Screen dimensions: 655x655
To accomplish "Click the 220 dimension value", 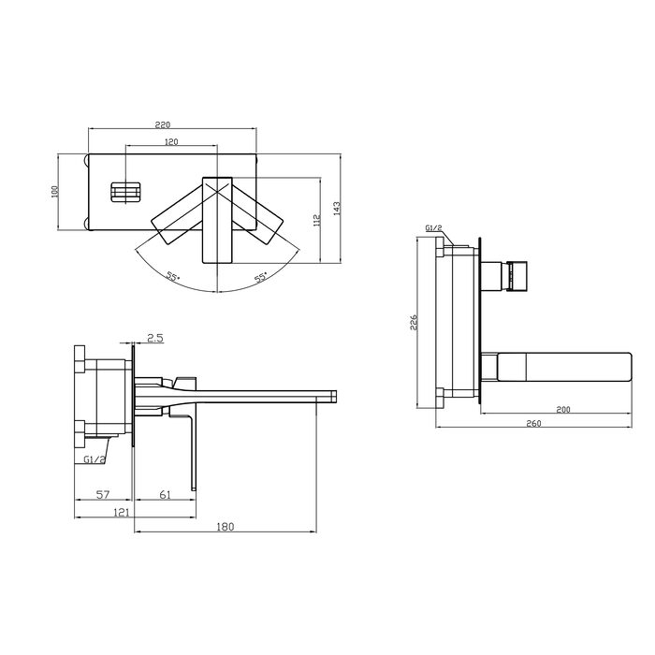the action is (163, 124).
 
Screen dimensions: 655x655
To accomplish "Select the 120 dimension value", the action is (171, 141).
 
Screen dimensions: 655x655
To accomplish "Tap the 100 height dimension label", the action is (54, 191).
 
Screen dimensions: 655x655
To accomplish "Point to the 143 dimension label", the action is (337, 209).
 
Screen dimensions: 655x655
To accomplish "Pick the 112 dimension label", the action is (316, 220).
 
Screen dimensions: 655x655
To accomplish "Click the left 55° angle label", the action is (173, 276).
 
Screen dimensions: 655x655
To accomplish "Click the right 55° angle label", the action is (261, 277).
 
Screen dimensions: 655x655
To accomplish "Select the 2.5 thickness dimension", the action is (155, 338).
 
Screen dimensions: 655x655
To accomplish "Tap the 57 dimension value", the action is (103, 495).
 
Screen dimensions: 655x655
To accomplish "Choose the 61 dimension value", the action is (166, 495).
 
